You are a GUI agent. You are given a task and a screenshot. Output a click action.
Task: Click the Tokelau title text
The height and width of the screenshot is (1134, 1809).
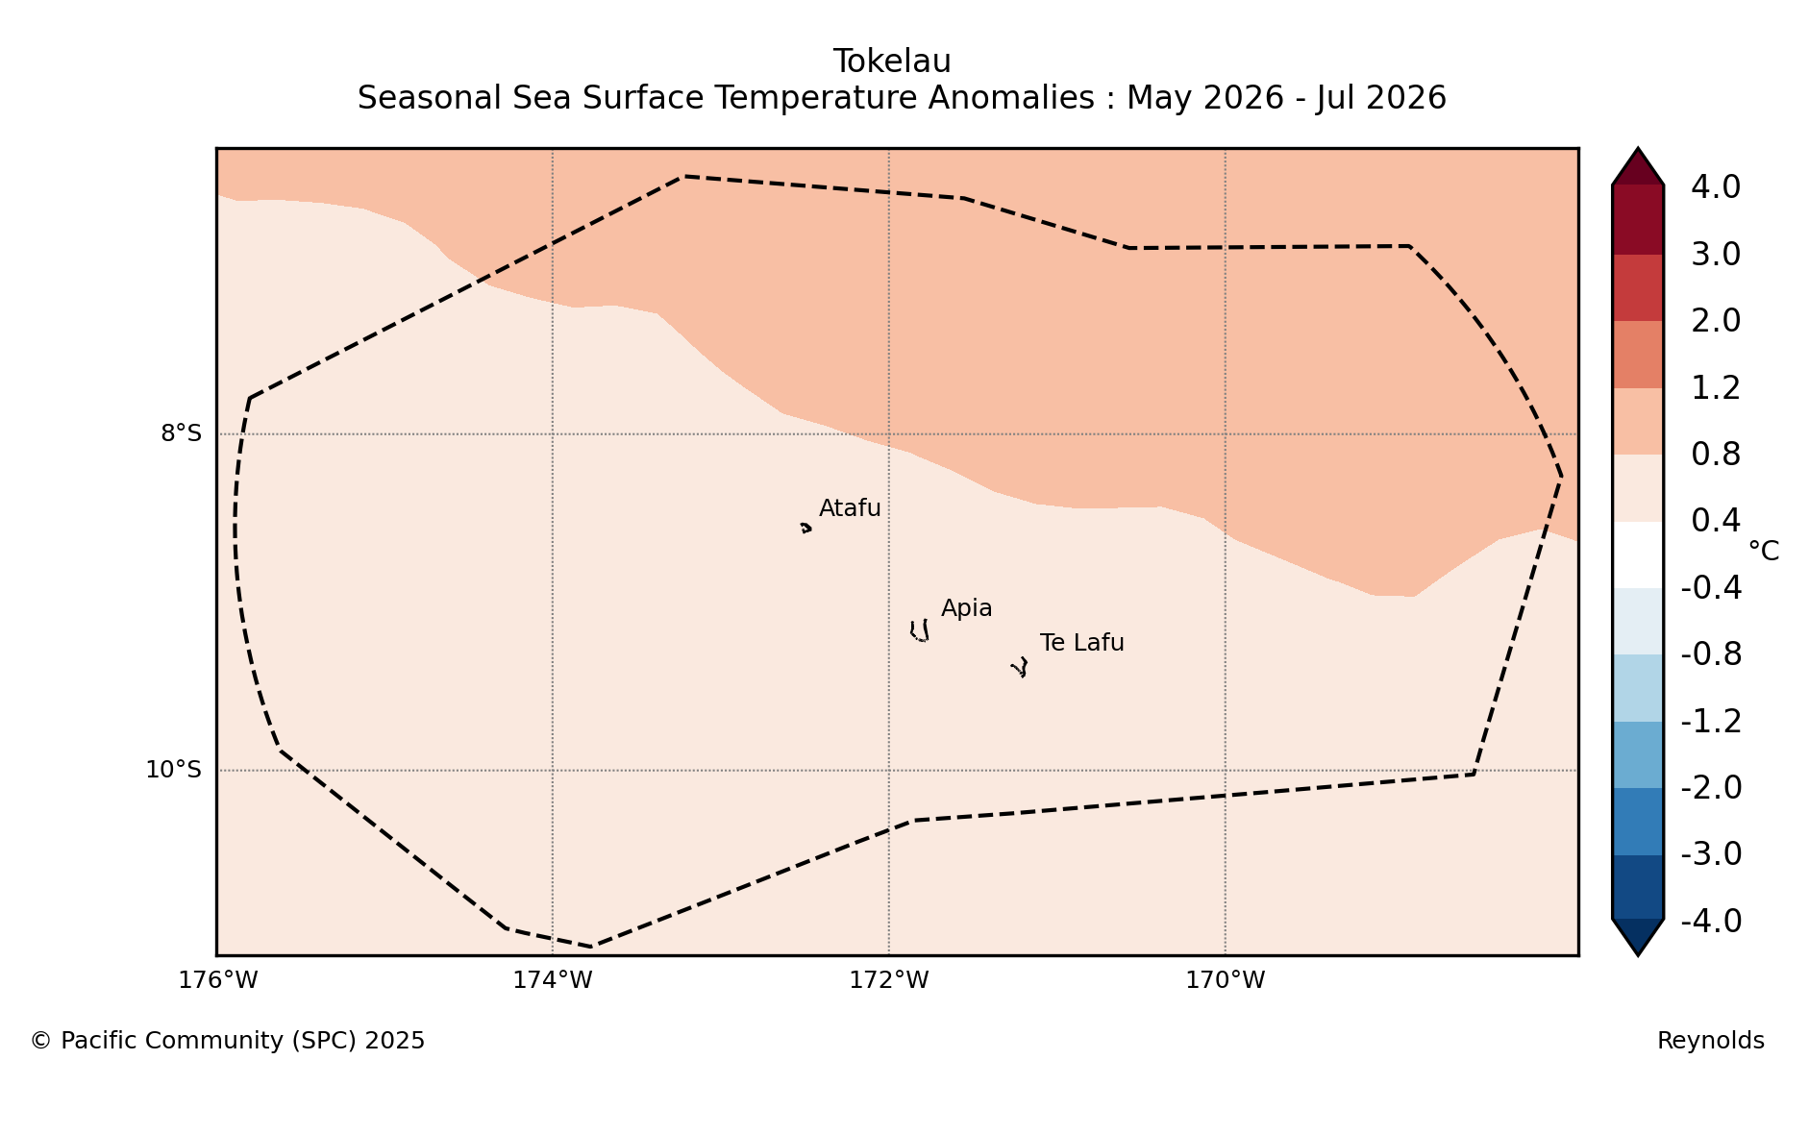(892, 62)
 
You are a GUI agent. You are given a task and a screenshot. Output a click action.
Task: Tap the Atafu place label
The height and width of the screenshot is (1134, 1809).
(850, 508)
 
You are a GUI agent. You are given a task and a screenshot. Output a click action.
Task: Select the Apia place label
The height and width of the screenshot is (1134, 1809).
(966, 609)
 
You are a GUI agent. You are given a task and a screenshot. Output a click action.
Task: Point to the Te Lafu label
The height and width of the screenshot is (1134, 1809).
(1081, 643)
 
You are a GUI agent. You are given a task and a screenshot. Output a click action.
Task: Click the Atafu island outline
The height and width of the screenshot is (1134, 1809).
(805, 528)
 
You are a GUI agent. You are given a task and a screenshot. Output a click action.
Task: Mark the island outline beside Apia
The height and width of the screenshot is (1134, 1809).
(920, 630)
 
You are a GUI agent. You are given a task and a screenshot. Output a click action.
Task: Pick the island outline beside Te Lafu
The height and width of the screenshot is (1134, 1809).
(1020, 667)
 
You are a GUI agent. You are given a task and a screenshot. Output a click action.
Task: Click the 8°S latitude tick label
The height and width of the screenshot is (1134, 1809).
(181, 433)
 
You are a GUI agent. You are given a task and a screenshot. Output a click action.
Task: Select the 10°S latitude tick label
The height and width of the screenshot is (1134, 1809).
(173, 770)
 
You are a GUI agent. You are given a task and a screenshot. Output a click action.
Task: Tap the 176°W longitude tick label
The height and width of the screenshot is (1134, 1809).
(218, 980)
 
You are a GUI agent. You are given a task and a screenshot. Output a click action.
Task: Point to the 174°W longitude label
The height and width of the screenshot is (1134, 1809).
(553, 980)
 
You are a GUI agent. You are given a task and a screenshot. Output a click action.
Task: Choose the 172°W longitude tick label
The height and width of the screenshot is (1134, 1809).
(889, 980)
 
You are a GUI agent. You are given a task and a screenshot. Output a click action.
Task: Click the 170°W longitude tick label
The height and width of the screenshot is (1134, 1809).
(1226, 980)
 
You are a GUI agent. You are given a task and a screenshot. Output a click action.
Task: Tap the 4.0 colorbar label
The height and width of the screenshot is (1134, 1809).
(1716, 187)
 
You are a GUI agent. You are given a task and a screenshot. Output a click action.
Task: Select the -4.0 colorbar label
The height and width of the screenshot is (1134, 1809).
(1711, 921)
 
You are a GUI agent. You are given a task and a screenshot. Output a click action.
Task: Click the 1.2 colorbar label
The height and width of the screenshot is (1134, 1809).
(1716, 388)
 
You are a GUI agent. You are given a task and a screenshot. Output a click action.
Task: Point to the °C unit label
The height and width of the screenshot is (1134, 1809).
(1764, 552)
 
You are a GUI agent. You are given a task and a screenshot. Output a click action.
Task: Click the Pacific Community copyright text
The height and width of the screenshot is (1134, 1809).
(228, 1041)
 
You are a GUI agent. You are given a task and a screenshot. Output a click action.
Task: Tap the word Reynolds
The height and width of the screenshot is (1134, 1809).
(1711, 1041)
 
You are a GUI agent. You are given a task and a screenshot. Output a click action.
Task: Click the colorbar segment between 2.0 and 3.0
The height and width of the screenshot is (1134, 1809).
(1638, 287)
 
